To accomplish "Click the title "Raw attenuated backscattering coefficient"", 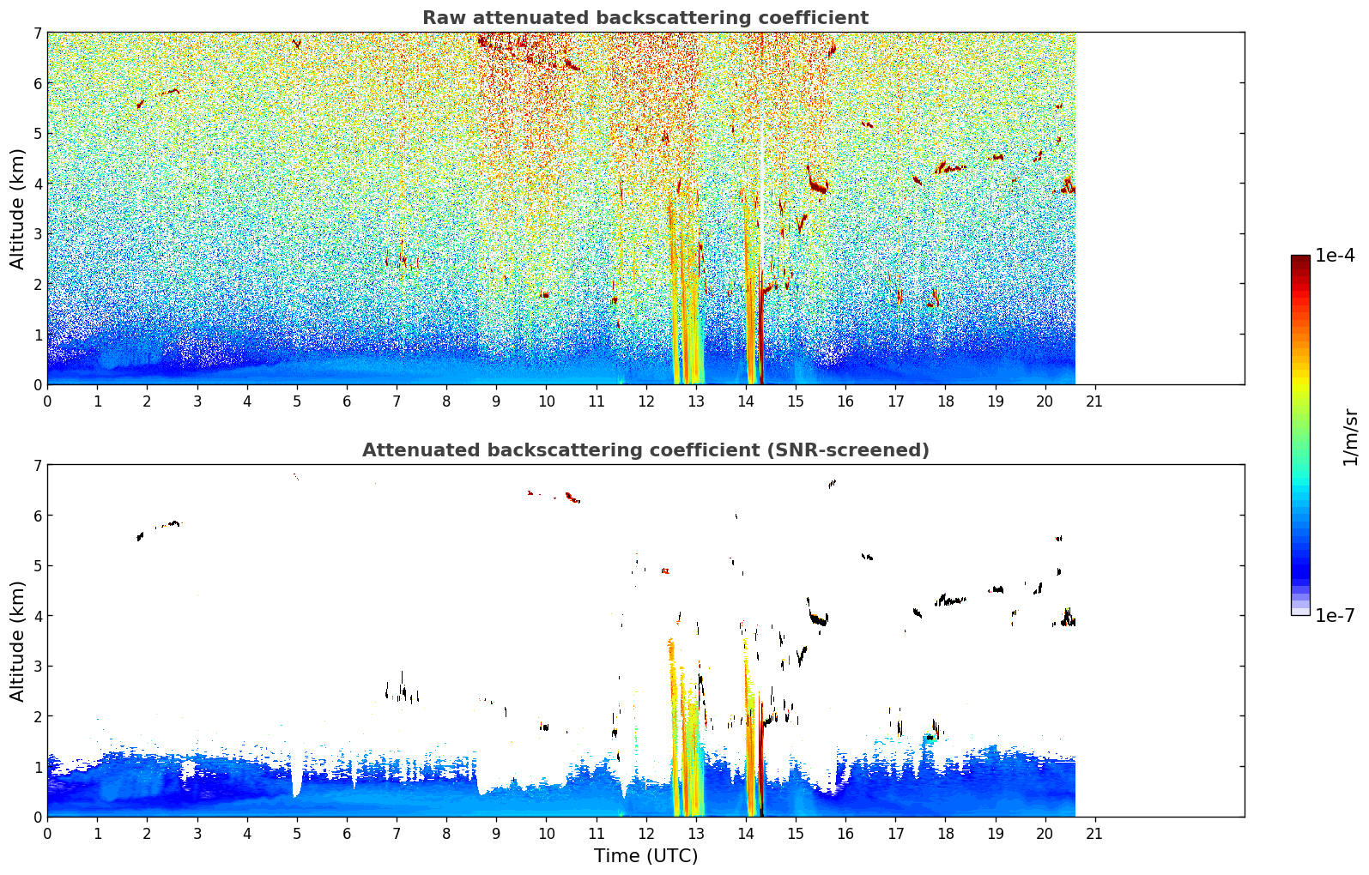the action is click(645, 18).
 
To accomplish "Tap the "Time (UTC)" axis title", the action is click(645, 855).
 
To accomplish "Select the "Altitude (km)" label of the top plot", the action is click(17, 209).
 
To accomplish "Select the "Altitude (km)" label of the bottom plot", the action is click(17, 641).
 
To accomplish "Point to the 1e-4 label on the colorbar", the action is click(1335, 256).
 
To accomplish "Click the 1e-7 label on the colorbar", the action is click(1335, 615).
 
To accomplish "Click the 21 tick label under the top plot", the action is click(1094, 401).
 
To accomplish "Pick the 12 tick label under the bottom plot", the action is click(646, 834).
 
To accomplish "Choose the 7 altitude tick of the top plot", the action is click(38, 33).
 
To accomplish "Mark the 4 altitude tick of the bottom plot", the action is click(38, 616).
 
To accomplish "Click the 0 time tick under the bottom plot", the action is click(48, 834).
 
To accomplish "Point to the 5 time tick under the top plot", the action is click(297, 401).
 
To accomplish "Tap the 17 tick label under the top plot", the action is click(895, 401).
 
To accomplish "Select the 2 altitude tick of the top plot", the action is click(38, 284).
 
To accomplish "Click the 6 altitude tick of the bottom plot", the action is click(38, 516).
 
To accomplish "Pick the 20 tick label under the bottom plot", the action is click(1045, 834).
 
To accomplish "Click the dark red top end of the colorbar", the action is click(1300, 257).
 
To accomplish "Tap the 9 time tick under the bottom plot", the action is click(496, 834).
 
